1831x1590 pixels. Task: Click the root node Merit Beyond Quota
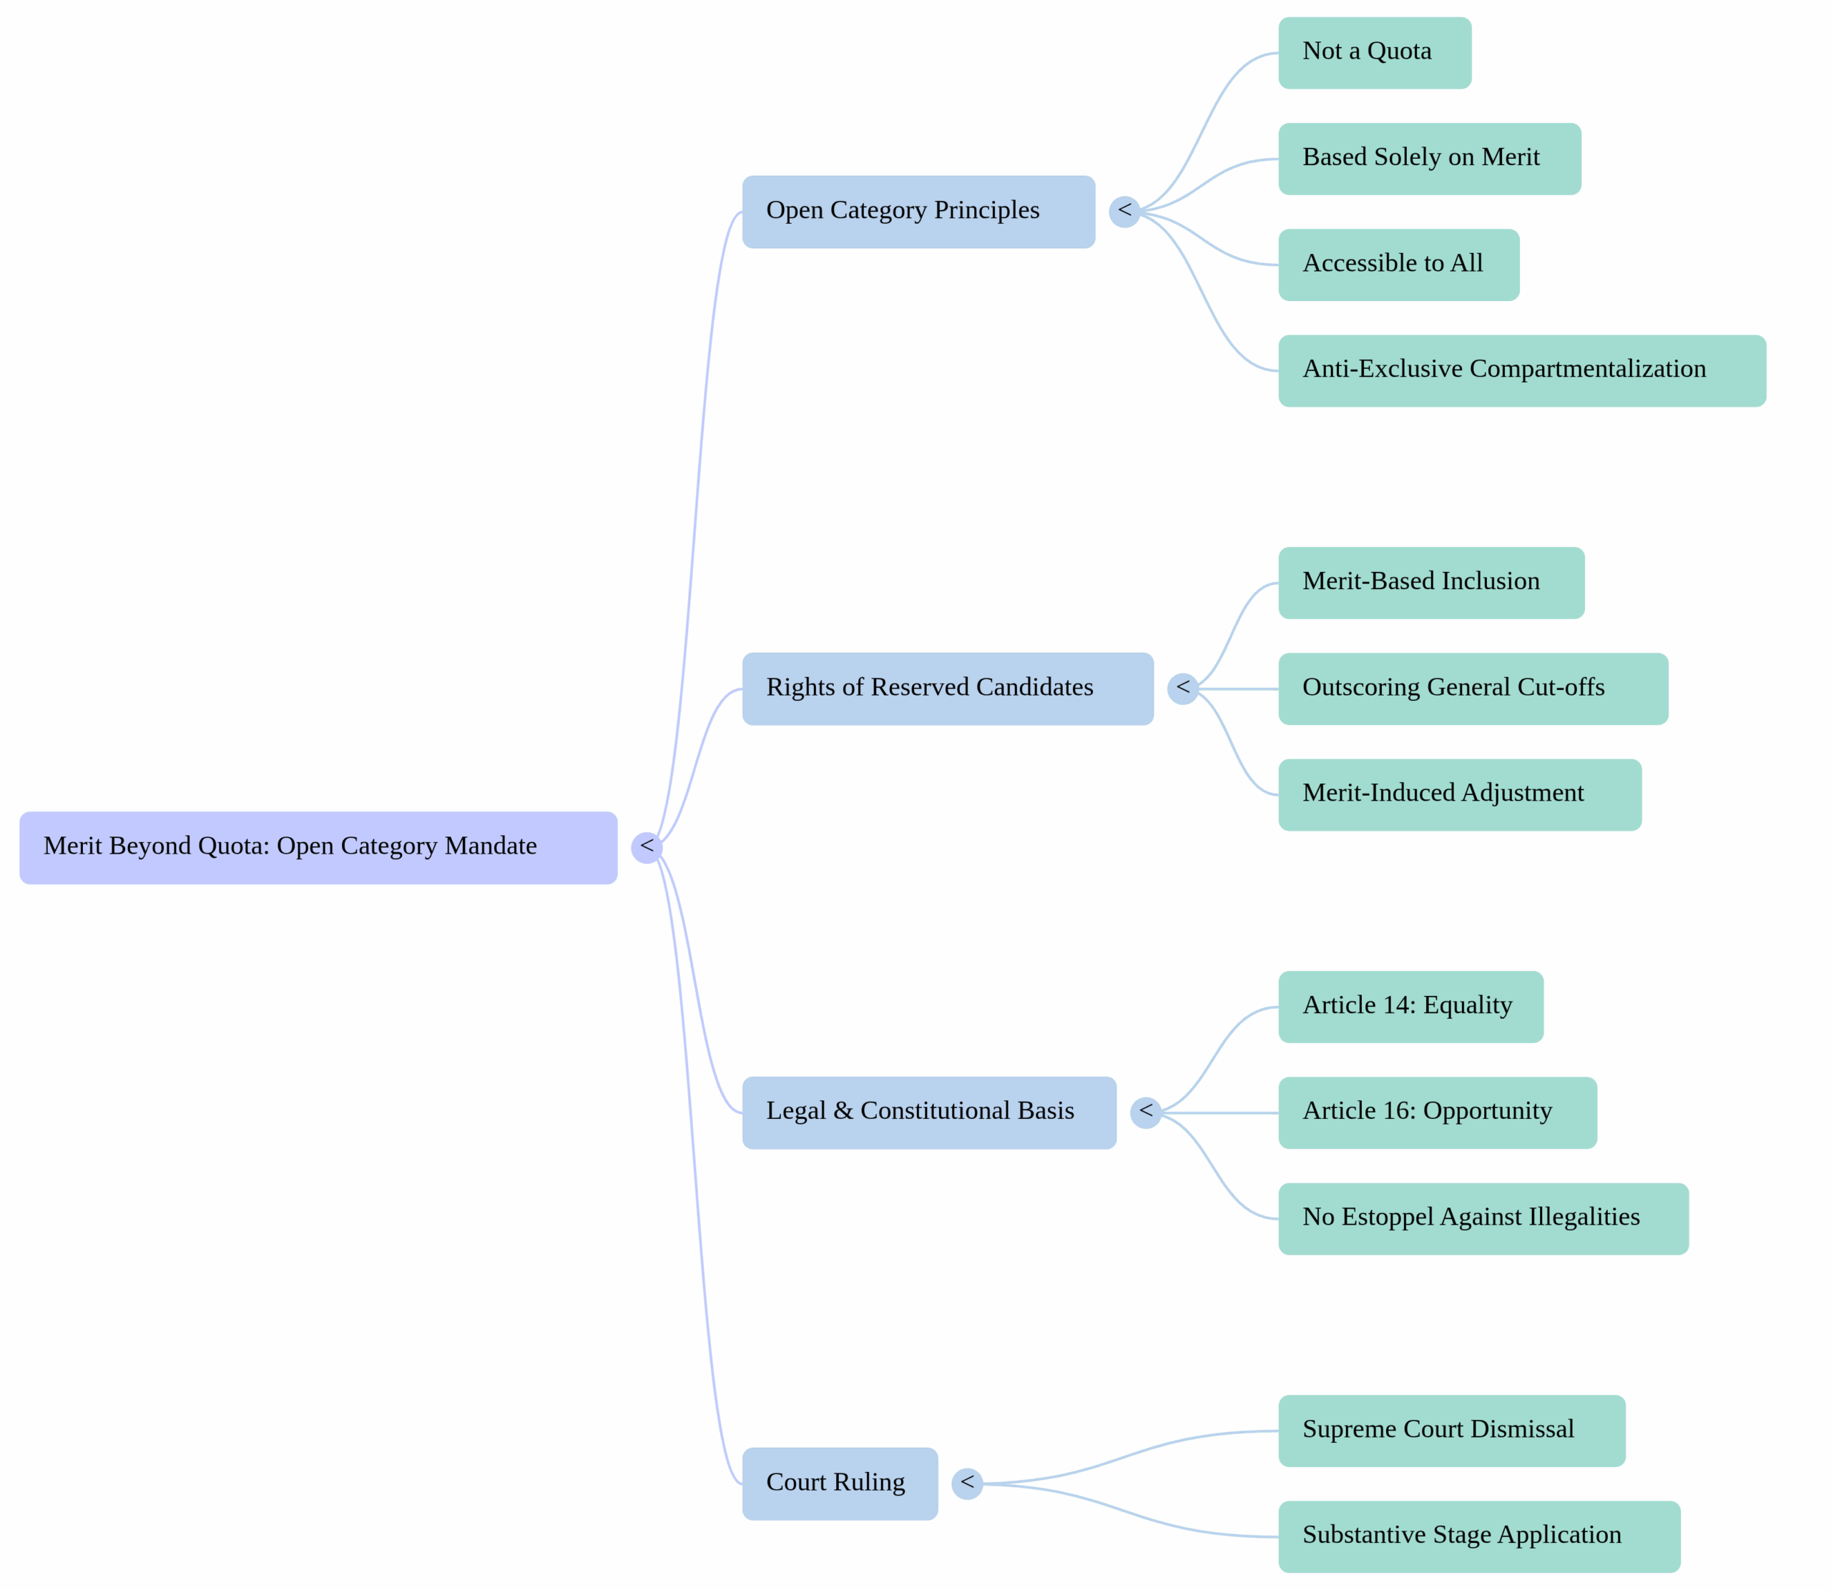click(x=318, y=847)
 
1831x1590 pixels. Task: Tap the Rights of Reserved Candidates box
click(x=947, y=688)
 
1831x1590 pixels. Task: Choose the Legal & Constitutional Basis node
click(x=928, y=1112)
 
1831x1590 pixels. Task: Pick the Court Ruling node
click(x=839, y=1483)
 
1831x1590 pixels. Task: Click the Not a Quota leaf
click(x=1374, y=52)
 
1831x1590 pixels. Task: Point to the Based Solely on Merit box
click(x=1429, y=159)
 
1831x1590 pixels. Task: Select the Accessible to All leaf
click(x=1398, y=265)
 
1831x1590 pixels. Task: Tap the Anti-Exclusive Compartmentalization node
click(x=1521, y=370)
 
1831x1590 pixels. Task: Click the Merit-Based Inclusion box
click(x=1430, y=582)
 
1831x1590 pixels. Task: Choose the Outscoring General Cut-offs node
click(x=1473, y=688)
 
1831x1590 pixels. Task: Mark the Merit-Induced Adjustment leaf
click(x=1459, y=794)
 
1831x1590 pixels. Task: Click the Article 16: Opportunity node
click(x=1437, y=1112)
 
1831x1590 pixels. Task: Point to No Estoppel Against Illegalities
click(x=1483, y=1218)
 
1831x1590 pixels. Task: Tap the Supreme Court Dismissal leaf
click(x=1451, y=1431)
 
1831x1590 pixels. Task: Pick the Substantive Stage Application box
click(x=1478, y=1537)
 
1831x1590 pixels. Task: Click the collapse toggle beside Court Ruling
click(x=966, y=1483)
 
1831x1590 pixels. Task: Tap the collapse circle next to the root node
click(x=646, y=847)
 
